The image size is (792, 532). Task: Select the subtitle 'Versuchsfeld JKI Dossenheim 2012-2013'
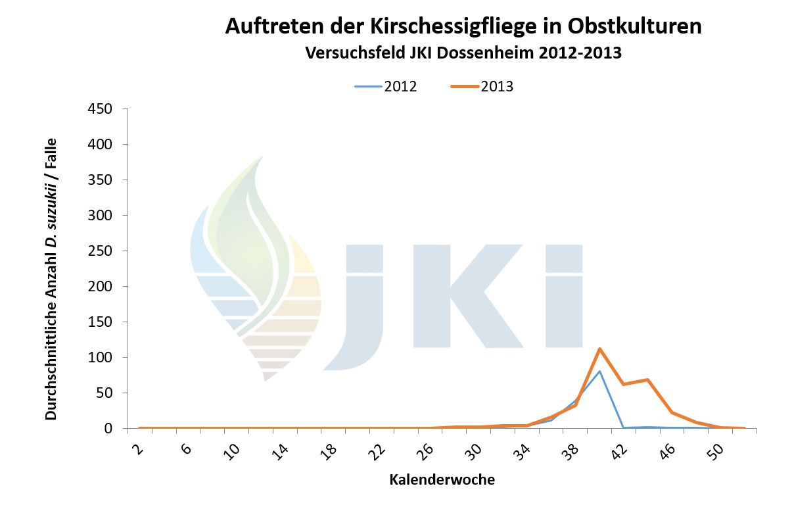(x=463, y=53)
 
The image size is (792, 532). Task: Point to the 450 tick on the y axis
(x=100, y=109)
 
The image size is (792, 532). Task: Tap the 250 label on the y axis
(x=100, y=251)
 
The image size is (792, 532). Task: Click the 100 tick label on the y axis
(x=100, y=357)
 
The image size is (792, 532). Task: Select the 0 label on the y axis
(x=108, y=428)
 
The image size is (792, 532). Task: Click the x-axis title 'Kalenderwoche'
(x=442, y=480)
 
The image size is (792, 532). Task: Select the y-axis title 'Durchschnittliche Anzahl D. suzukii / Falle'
(x=51, y=279)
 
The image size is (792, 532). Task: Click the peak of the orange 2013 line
(x=599, y=349)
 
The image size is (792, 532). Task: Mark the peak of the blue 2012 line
(x=599, y=371)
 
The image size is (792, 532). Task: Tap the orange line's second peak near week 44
(x=647, y=379)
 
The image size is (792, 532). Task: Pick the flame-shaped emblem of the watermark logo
(x=256, y=270)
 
